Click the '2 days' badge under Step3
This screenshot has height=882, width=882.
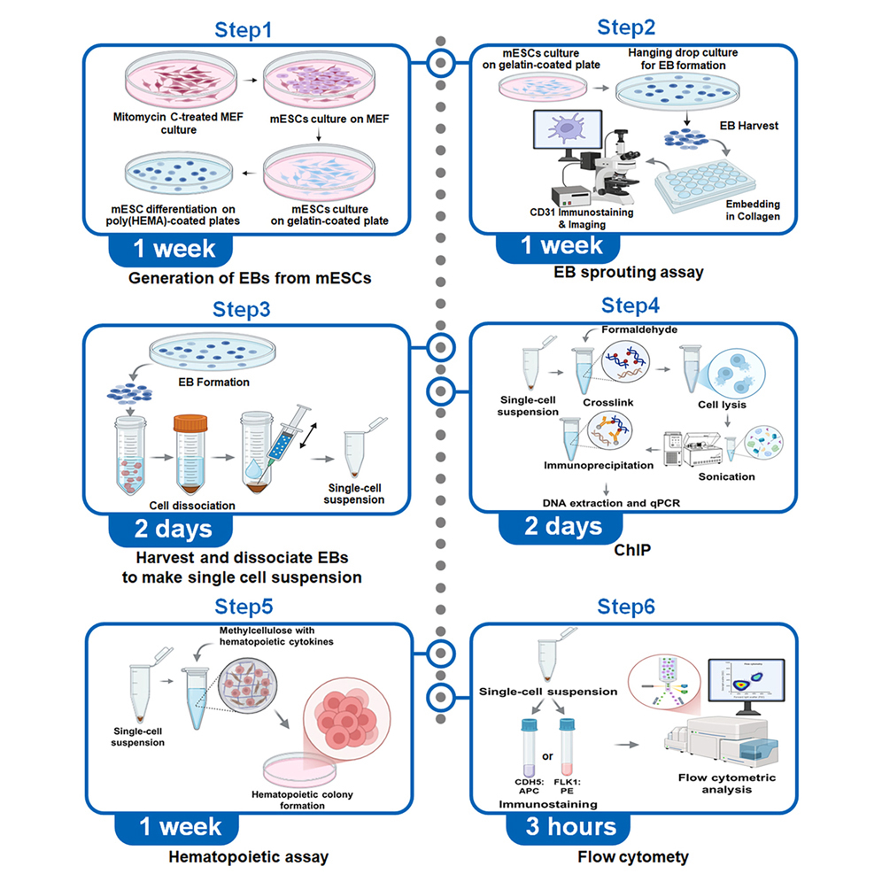173,529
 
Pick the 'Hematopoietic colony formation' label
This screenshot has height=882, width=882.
324,801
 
